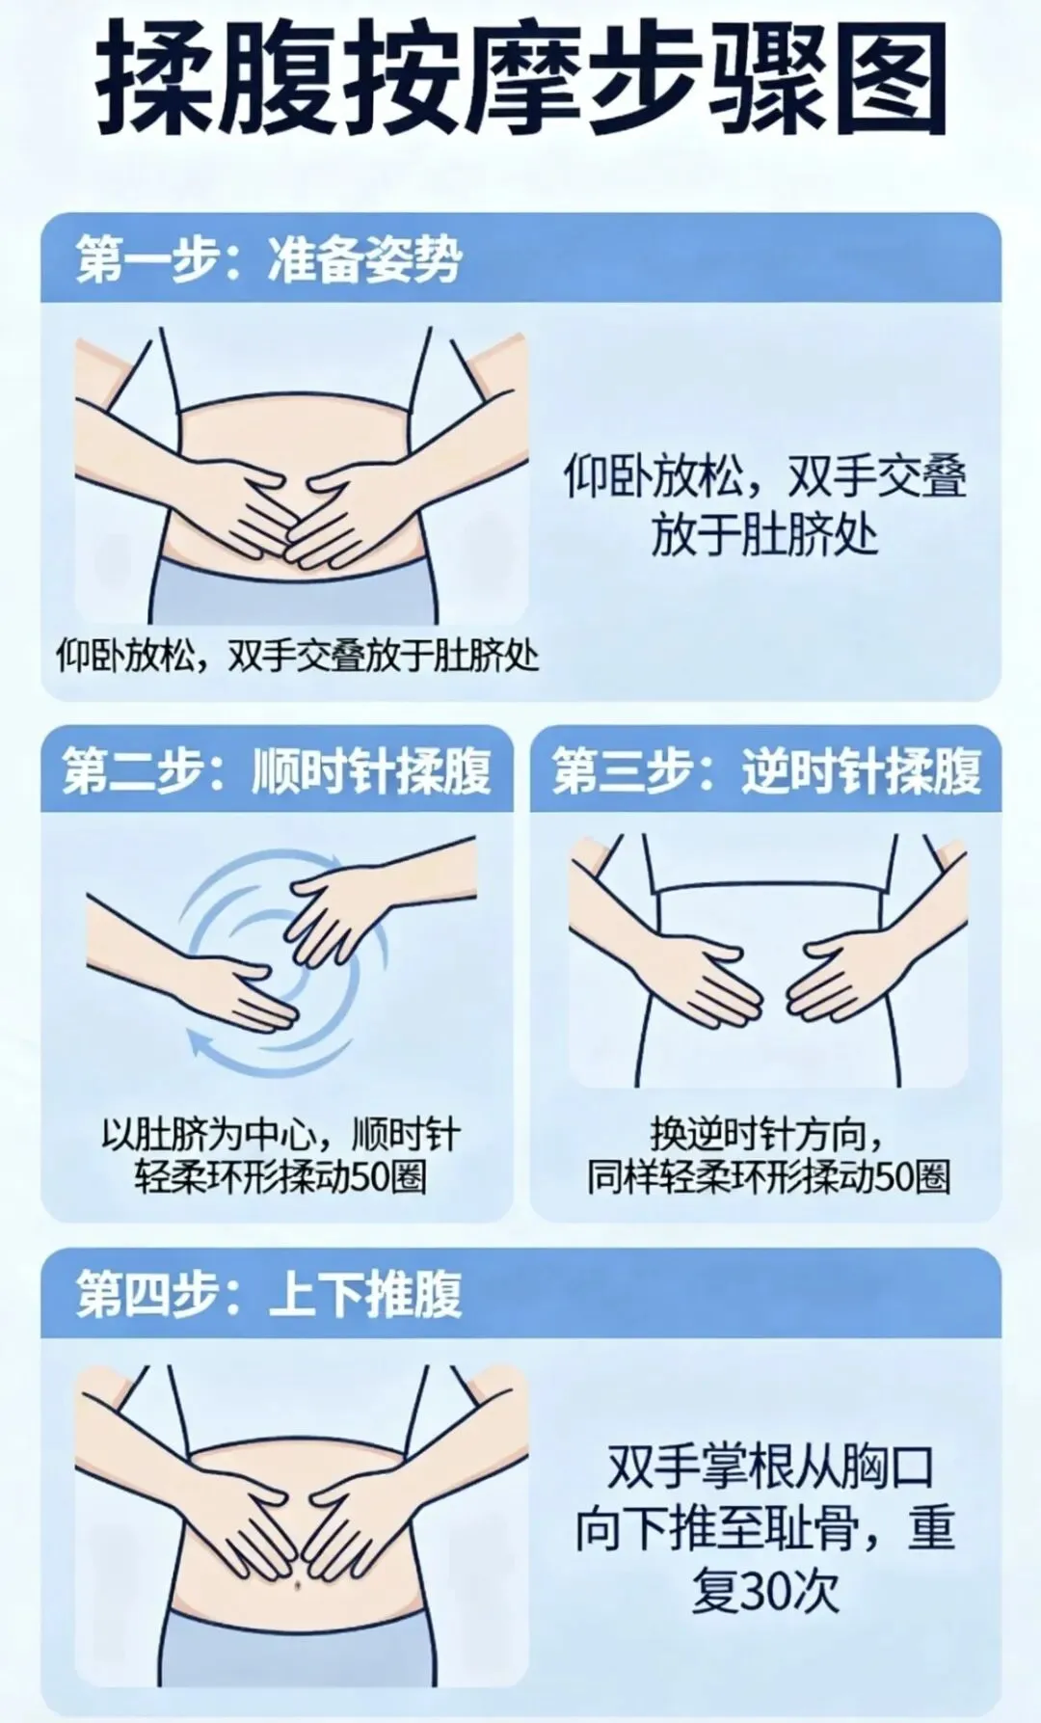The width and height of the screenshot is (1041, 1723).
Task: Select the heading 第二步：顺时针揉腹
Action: [x=277, y=770]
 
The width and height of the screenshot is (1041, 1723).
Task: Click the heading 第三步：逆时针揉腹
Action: [x=766, y=770]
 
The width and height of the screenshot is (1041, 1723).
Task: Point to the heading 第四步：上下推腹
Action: [x=269, y=1294]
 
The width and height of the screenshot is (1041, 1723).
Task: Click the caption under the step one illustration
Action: [x=297, y=657]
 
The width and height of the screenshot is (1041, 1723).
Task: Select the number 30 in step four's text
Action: [x=764, y=1592]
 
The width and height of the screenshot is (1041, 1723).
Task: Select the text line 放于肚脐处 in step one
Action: [x=764, y=534]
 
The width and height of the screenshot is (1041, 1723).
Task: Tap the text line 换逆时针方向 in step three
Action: [x=767, y=1135]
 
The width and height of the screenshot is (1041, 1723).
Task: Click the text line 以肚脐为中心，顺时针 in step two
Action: [x=280, y=1135]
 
